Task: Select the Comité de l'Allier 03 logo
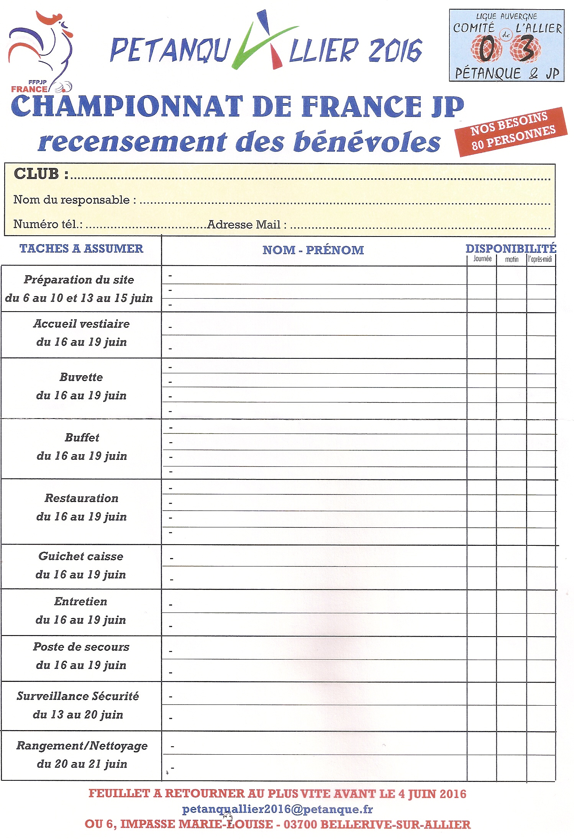[506, 46]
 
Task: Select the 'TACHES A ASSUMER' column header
[81, 249]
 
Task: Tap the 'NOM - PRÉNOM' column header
[313, 250]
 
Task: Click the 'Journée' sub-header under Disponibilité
[482, 259]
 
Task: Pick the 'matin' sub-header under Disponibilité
[512, 259]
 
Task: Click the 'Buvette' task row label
[81, 377]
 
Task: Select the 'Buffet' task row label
[82, 437]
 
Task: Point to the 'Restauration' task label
[82, 498]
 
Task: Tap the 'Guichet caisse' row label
[81, 556]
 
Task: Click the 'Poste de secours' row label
[81, 647]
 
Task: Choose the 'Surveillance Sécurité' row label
[78, 696]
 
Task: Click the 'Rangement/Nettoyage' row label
[82, 746]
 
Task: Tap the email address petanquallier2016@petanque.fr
[277, 809]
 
